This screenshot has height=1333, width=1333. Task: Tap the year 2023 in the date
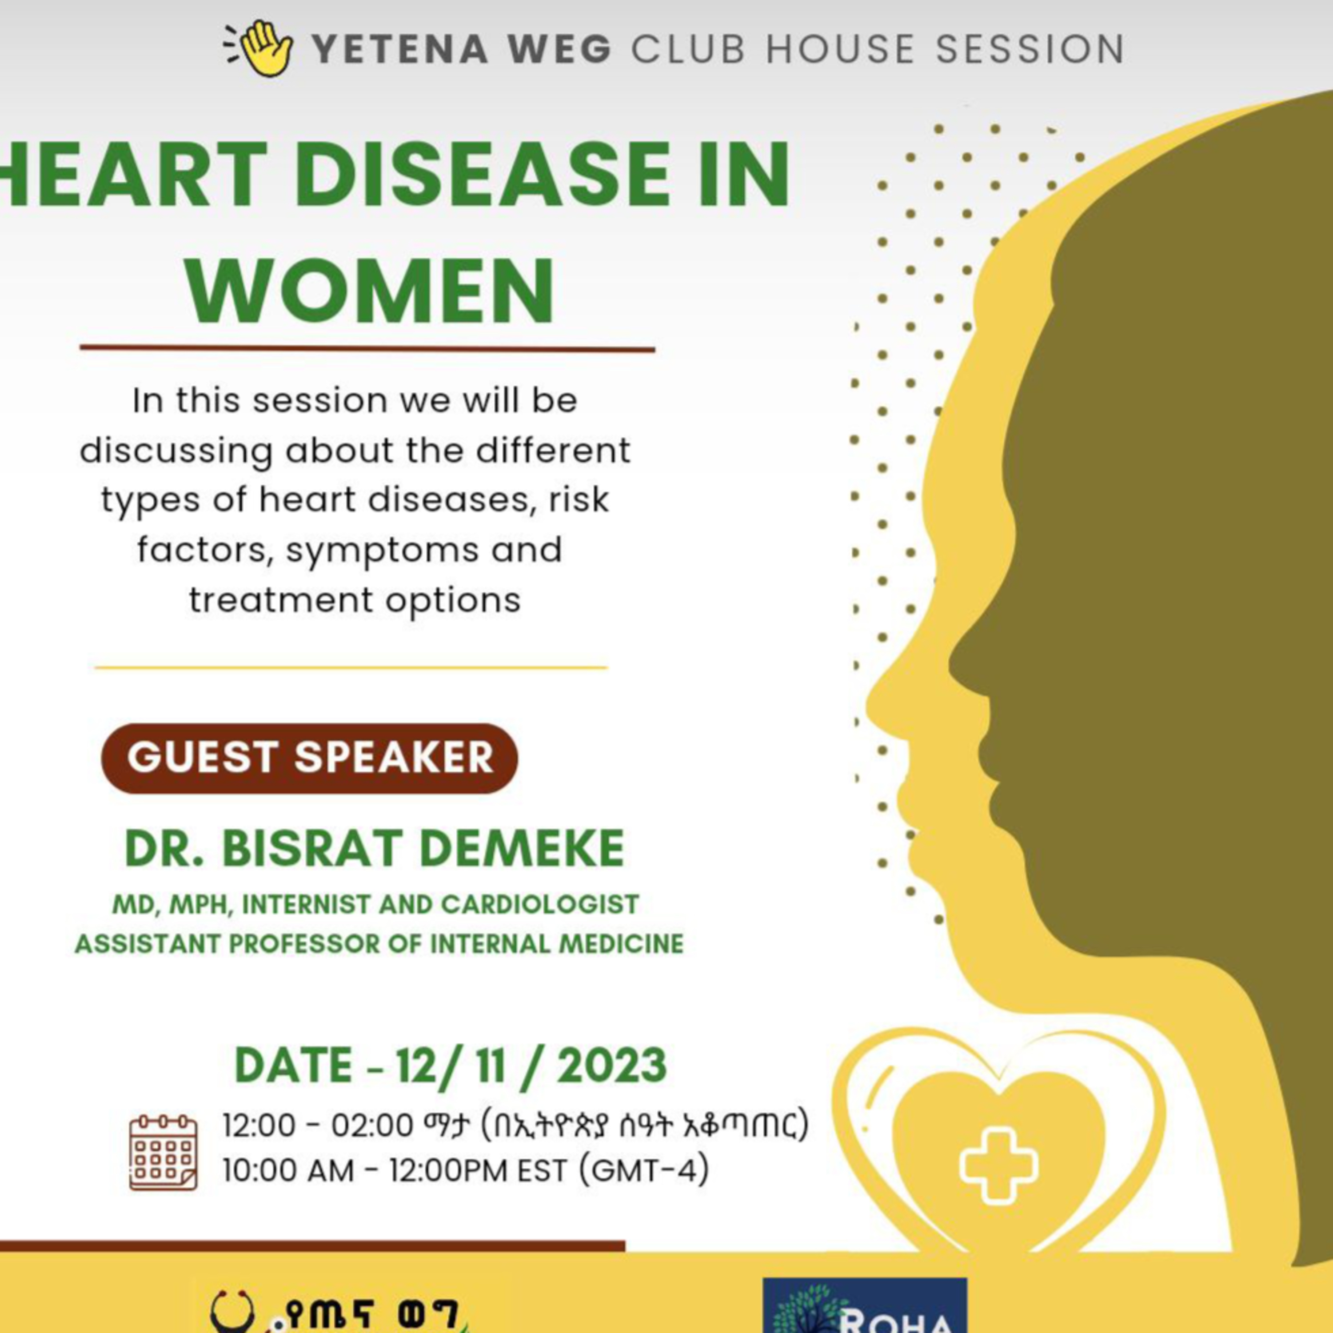click(x=611, y=1066)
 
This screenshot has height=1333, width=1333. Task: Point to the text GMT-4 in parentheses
click(x=644, y=1170)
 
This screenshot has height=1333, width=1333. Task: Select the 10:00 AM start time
click(x=288, y=1170)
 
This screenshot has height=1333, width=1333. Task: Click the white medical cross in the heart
click(x=998, y=1166)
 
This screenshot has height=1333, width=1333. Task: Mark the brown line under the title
click(x=367, y=348)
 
